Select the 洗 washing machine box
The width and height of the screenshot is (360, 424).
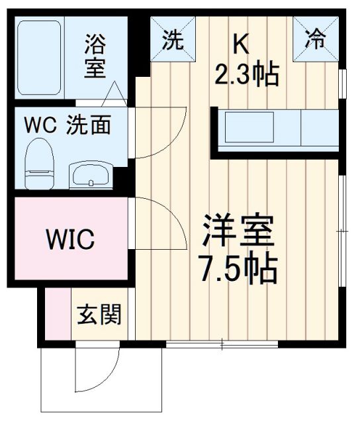tap(173, 41)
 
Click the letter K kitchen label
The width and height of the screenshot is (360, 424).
tap(241, 43)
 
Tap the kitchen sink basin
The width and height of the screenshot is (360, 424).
tap(249, 127)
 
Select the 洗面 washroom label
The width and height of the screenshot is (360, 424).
tap(87, 125)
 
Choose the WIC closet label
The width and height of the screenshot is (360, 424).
tap(69, 238)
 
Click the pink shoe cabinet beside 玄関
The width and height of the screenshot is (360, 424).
tap(58, 315)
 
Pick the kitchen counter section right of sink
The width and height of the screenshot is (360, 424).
tap(321, 127)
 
